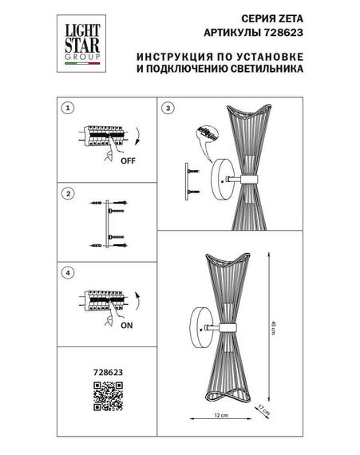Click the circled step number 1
(69, 107)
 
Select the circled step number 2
(69, 194)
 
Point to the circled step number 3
(168, 107)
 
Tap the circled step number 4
(69, 273)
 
